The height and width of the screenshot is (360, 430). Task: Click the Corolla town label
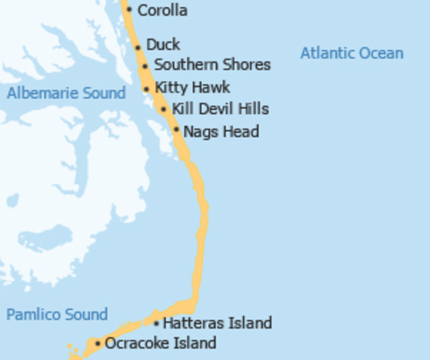162,11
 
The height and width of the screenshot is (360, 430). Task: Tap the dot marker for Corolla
129,10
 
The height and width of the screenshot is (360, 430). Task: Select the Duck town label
163,45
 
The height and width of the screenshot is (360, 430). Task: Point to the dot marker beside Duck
138,47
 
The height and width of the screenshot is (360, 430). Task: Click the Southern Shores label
212,65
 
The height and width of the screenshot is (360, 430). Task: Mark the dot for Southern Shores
145,66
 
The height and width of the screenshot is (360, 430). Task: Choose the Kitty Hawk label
192,87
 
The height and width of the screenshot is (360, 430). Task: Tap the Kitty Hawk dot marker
147,88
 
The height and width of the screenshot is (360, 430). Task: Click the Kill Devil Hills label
220,109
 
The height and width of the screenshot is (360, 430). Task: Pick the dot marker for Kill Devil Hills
164,109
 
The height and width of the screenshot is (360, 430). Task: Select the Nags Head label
221,132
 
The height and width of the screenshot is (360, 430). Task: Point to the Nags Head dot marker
176,130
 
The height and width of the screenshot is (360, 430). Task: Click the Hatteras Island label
217,323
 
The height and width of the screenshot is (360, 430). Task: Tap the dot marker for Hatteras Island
156,324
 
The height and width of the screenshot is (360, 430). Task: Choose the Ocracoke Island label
161,343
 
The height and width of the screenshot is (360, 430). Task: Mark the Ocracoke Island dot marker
98,343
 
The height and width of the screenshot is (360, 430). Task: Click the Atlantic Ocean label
351,53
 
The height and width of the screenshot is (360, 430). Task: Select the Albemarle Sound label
66,94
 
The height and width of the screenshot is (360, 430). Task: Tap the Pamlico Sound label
57,314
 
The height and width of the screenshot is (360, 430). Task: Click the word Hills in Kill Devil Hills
251,109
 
